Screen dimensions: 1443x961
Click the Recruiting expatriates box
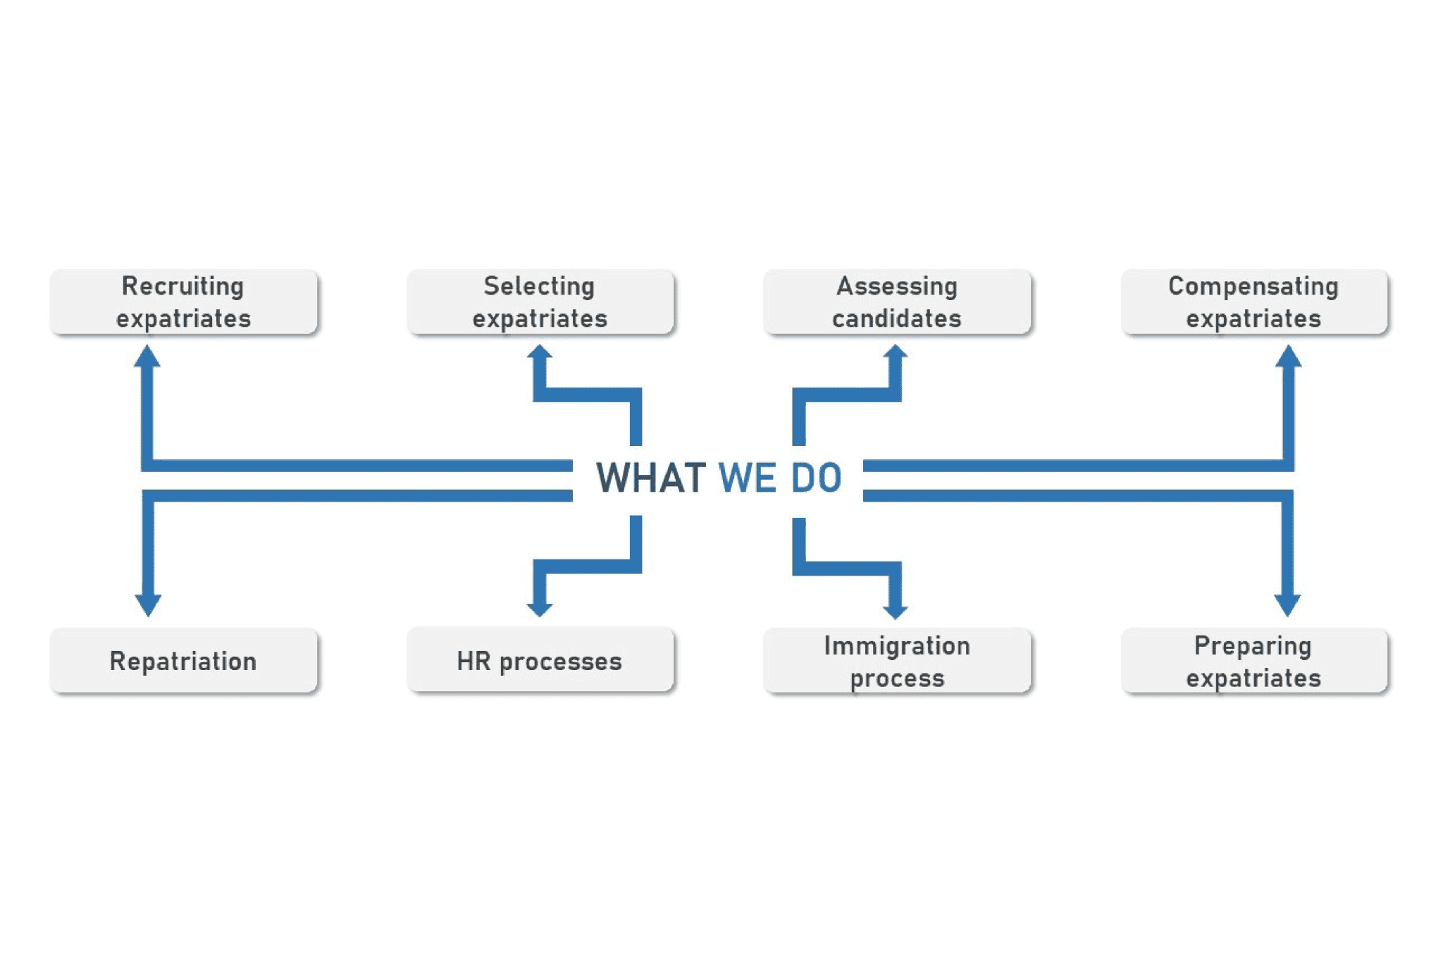(184, 302)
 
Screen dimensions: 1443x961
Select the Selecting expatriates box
(540, 302)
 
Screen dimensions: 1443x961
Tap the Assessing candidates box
(897, 302)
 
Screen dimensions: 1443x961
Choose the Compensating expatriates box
(1254, 302)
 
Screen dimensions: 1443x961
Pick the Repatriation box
(184, 660)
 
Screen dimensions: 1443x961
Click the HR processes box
(540, 660)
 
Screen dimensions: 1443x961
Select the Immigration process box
(897, 660)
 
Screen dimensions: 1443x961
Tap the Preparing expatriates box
(1254, 660)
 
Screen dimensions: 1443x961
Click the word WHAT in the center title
(651, 478)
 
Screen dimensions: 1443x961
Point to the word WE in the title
(748, 478)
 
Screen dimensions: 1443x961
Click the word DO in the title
(816, 478)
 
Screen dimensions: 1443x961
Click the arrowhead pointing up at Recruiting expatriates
(147, 356)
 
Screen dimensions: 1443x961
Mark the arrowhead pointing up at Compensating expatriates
(1288, 356)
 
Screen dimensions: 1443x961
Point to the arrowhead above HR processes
(540, 608)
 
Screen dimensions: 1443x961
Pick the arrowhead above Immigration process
(895, 609)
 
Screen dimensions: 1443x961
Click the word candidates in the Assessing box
(897, 318)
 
